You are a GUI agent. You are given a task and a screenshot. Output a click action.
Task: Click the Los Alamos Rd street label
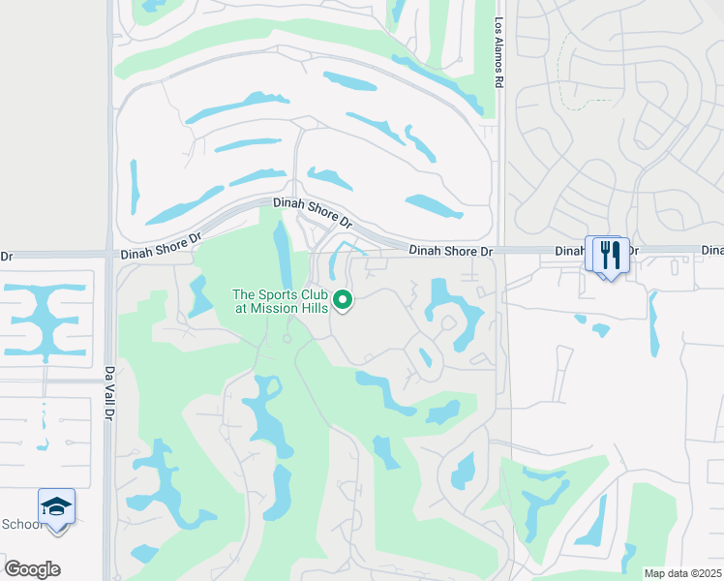[499, 53]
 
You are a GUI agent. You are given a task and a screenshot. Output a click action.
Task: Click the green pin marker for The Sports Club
[341, 300]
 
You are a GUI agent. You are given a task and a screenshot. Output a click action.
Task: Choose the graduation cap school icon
[56, 506]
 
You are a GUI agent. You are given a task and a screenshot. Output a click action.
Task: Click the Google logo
[32, 568]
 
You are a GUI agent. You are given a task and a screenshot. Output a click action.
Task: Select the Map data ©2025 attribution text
[681, 573]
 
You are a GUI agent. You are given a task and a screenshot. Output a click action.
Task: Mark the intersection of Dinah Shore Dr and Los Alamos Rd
[499, 250]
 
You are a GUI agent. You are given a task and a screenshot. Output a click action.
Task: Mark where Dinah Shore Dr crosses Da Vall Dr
[109, 255]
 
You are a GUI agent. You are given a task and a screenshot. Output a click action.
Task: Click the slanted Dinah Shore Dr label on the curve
[313, 213]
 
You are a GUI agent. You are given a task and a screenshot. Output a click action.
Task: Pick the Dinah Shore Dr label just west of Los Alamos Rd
[450, 251]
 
